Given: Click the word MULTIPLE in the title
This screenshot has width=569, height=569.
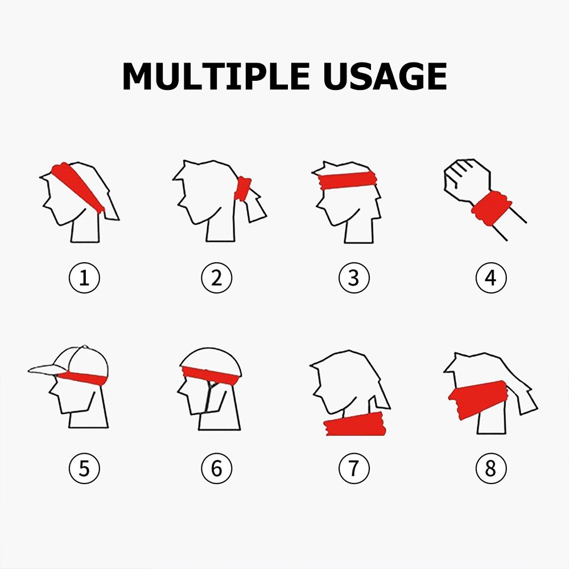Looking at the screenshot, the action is [216, 76].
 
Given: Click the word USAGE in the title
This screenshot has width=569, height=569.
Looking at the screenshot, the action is [385, 76].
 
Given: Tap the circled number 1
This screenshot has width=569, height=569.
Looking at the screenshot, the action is [84, 278].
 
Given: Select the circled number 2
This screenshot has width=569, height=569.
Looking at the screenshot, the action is [217, 278].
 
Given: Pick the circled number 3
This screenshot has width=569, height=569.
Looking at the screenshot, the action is [354, 278].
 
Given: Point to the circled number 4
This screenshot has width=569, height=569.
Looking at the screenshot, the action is [491, 278].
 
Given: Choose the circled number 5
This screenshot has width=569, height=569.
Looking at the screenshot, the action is [84, 468].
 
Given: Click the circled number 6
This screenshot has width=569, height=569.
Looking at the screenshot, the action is [217, 468].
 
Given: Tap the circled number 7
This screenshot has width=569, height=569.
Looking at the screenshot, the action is [354, 468].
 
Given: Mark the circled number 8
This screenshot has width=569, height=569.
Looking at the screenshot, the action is [491, 468].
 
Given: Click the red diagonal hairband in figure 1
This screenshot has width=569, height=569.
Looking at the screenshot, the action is [77, 186].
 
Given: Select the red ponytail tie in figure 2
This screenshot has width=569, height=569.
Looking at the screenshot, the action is [242, 189].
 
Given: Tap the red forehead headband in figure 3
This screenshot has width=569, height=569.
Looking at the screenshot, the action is [347, 180].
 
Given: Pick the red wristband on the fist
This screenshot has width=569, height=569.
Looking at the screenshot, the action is [492, 208].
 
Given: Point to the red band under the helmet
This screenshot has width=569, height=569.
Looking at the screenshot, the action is [211, 376].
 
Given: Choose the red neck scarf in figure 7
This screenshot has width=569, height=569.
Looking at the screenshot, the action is [355, 424].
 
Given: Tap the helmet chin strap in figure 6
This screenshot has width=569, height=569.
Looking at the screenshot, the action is [209, 397].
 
